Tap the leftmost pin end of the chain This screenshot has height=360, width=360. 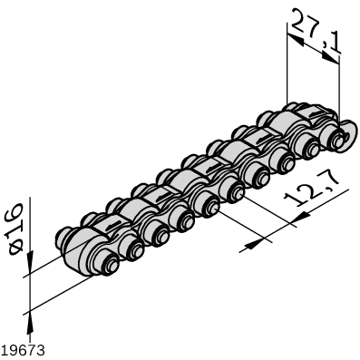(110, 268)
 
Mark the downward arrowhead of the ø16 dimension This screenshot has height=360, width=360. (30, 264)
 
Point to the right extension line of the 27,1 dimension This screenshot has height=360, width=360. (338, 91)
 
